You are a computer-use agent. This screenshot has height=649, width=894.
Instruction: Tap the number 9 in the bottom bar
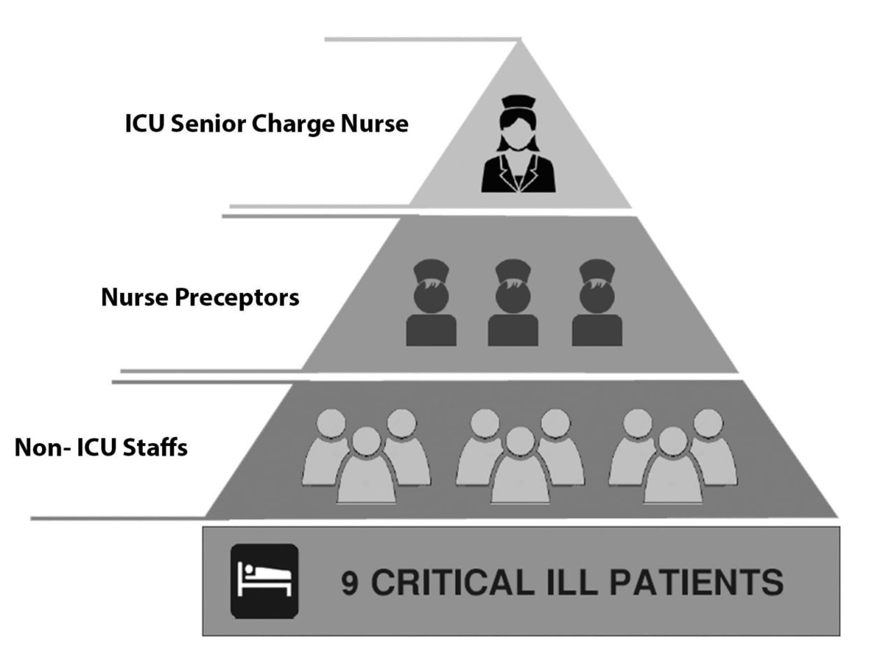(x=350, y=583)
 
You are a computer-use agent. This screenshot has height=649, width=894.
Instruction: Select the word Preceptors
(x=237, y=298)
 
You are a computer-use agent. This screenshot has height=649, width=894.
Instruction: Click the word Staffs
(x=155, y=448)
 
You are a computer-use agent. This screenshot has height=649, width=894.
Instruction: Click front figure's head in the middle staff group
(x=520, y=441)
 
